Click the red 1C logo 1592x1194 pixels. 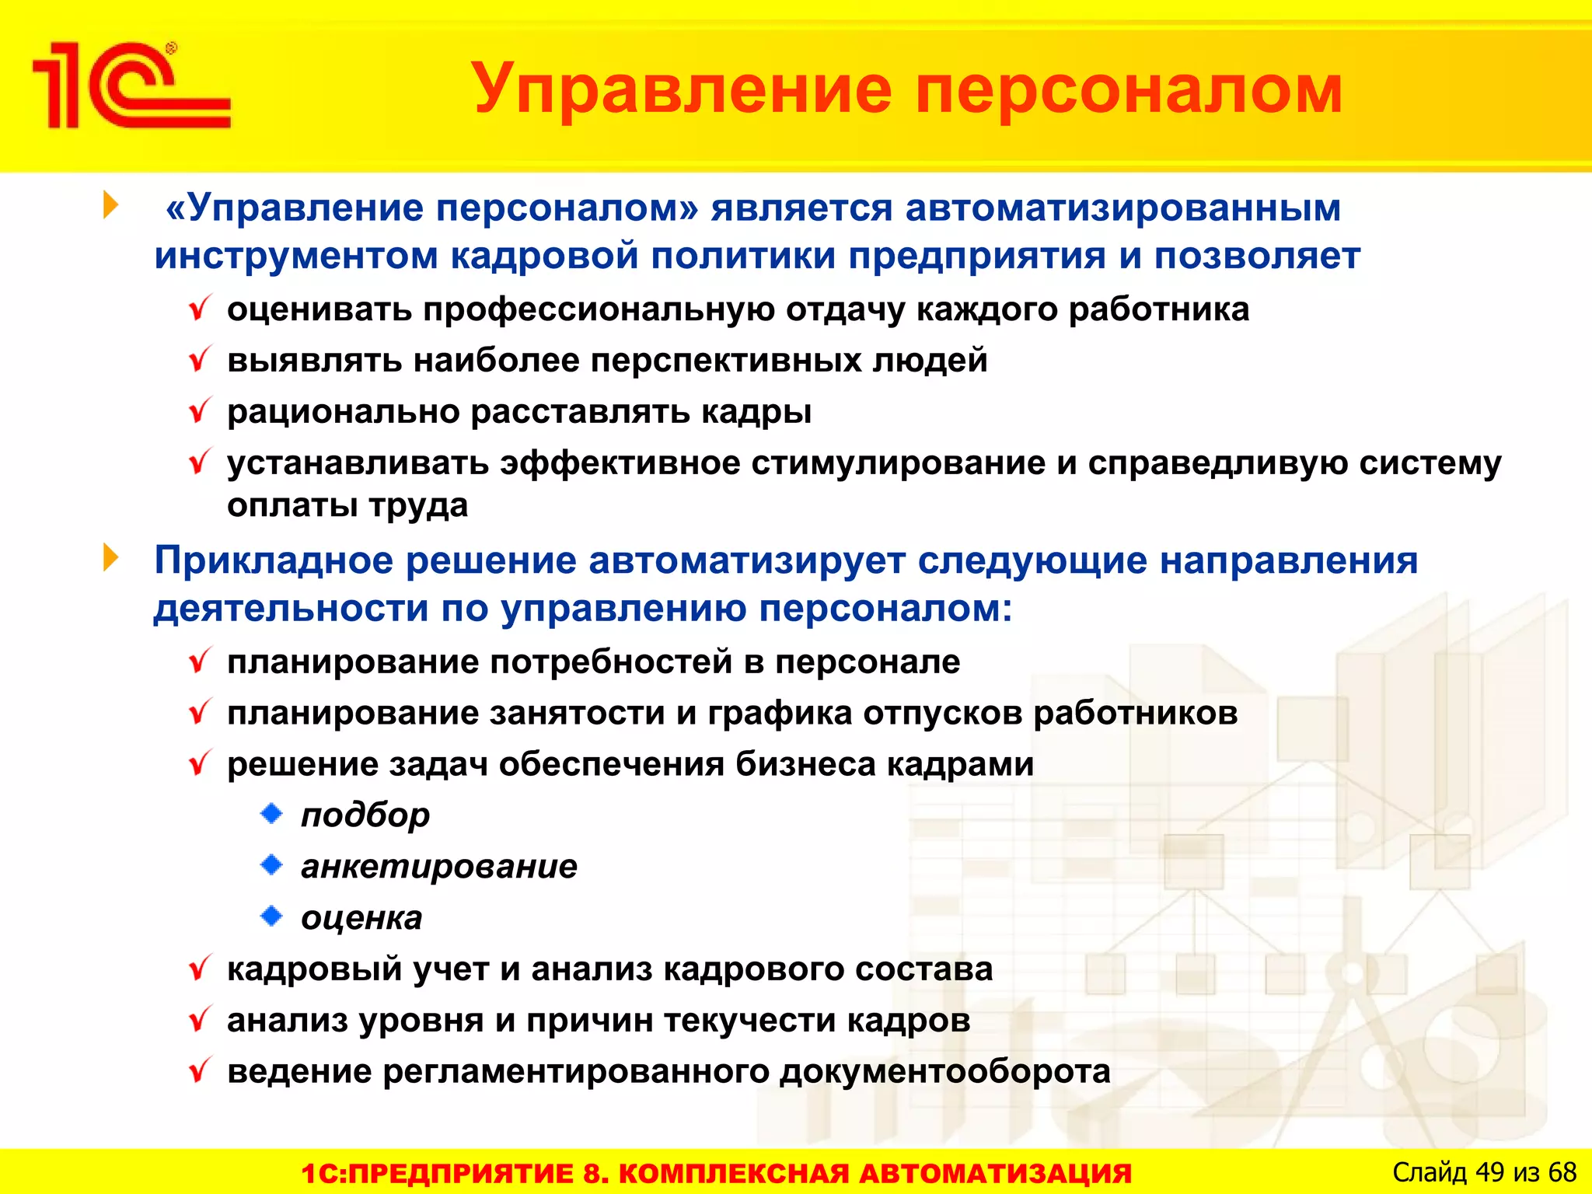pyautogui.click(x=131, y=86)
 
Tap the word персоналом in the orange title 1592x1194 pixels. pyautogui.click(x=1128, y=90)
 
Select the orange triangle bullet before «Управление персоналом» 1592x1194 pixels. pyautogui.click(x=111, y=206)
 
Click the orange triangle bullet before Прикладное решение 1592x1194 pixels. pyautogui.click(x=111, y=558)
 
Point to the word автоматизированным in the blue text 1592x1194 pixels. pyautogui.click(x=1122, y=208)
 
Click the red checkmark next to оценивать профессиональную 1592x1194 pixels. pyautogui.click(x=200, y=309)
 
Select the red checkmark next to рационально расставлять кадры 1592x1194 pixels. pyautogui.click(x=200, y=411)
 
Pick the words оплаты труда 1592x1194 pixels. pyautogui.click(x=347, y=506)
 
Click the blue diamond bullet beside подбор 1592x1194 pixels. pyautogui.click(x=271, y=814)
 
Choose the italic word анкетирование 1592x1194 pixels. pyautogui.click(x=439, y=867)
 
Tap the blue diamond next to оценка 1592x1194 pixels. pyautogui.click(x=271, y=916)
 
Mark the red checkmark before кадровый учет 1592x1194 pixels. pyautogui.click(x=200, y=969)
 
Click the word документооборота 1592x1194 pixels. pyautogui.click(x=944, y=1072)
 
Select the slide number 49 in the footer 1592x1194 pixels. pyautogui.click(x=1489, y=1172)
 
